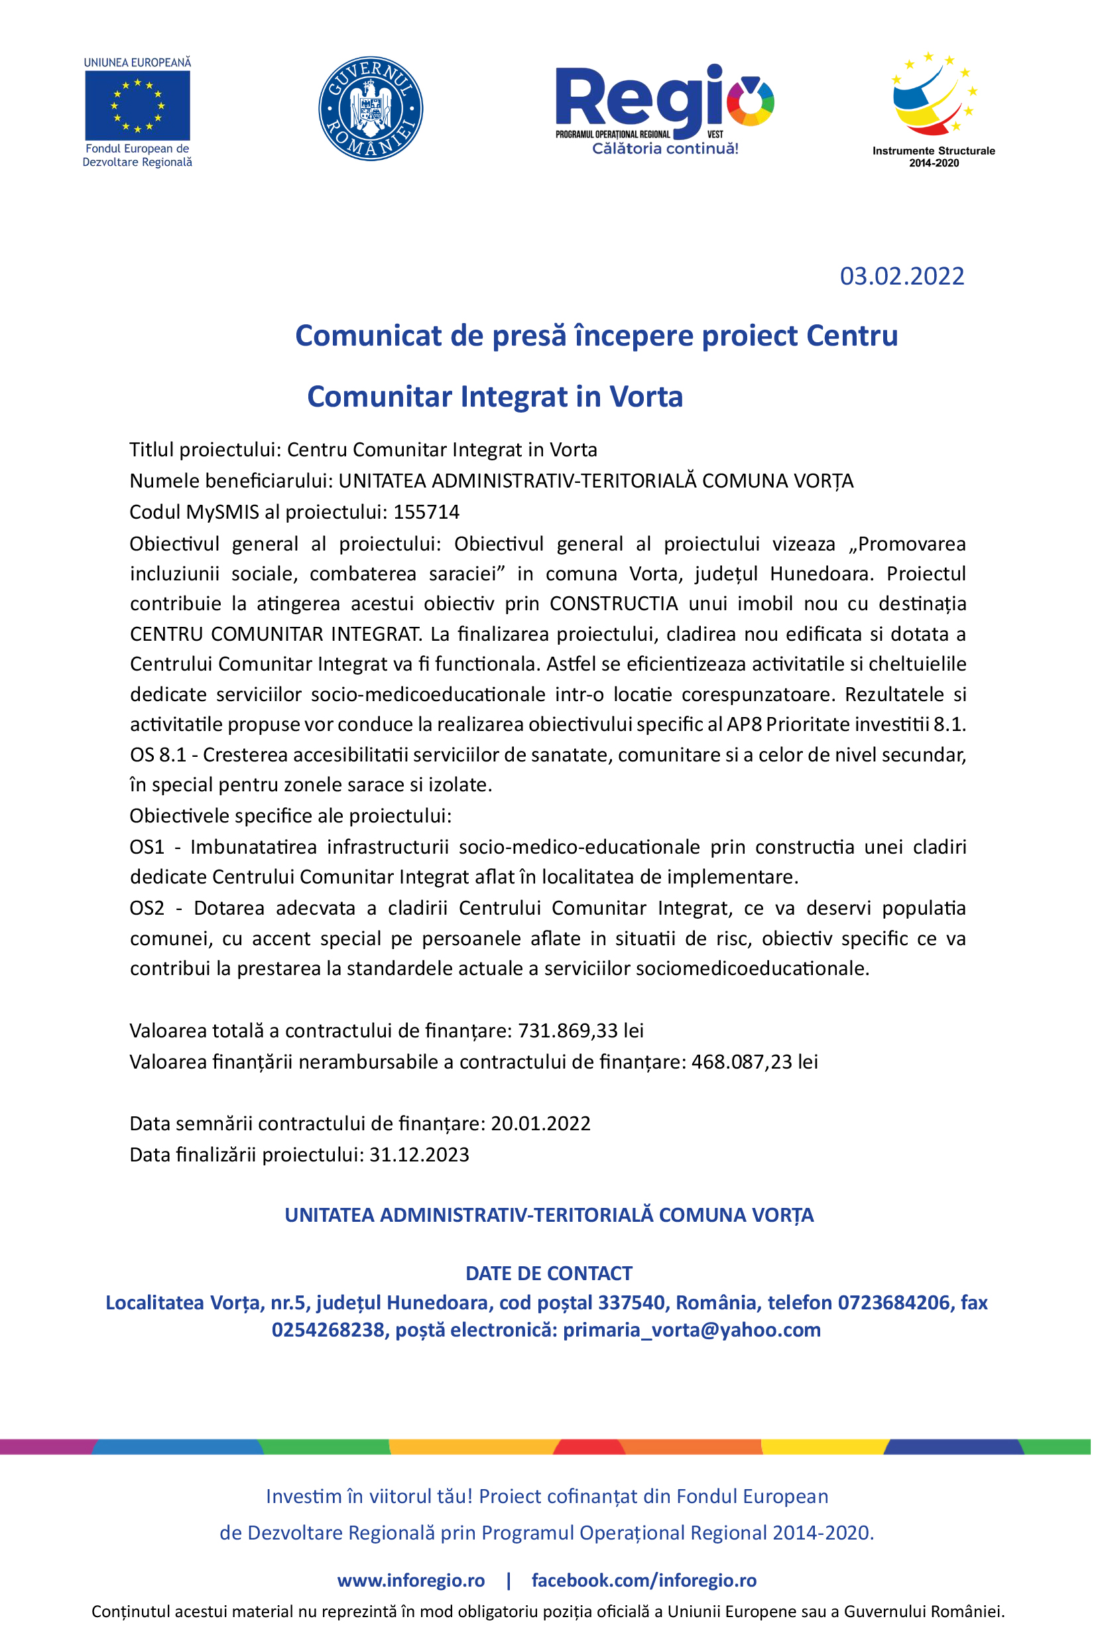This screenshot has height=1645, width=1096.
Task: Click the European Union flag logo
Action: click(137, 105)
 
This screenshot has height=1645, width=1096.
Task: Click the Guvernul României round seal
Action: click(371, 109)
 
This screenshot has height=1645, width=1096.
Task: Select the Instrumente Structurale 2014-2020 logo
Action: click(933, 108)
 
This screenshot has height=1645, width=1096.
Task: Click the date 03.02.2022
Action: click(902, 276)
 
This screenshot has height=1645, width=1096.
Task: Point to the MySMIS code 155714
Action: click(426, 513)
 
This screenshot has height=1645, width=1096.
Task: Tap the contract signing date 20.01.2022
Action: click(540, 1124)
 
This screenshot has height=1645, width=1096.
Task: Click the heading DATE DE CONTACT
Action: click(549, 1273)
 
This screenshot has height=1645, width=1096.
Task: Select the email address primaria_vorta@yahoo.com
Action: click(692, 1330)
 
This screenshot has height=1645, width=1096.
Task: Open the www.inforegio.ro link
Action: click(411, 1580)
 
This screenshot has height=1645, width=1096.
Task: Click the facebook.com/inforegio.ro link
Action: click(644, 1580)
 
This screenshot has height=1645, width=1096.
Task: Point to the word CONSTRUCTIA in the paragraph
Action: click(614, 604)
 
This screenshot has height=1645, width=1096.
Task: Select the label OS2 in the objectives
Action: click(147, 908)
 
